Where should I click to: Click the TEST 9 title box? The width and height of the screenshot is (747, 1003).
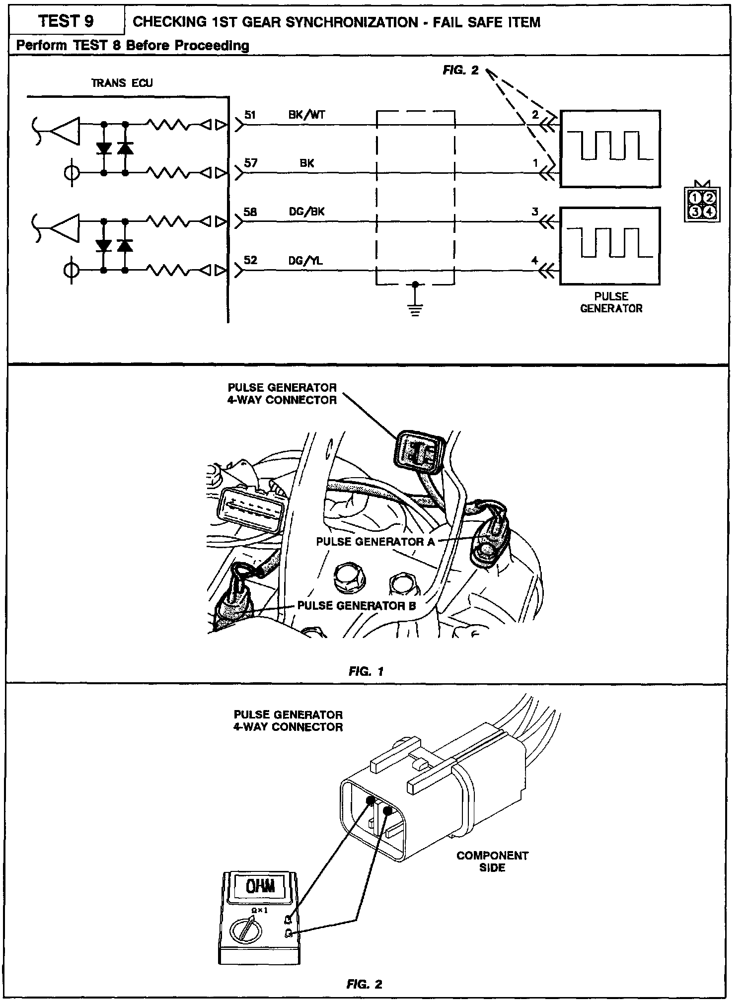[66, 21]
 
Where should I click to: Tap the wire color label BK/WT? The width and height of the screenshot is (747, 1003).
[306, 115]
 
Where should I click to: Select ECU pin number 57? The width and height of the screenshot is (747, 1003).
[251, 162]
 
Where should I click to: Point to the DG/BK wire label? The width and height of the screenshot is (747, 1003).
[306, 212]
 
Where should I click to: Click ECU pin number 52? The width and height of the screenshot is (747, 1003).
[251, 260]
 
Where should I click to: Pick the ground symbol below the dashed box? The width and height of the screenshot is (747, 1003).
[415, 309]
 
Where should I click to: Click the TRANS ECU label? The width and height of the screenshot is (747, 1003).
[122, 83]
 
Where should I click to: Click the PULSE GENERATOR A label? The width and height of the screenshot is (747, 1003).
[375, 542]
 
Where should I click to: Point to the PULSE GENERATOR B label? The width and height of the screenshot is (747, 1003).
[357, 605]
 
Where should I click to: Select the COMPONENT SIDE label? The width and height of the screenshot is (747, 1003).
[492, 861]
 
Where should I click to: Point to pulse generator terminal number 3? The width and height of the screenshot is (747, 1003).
[535, 212]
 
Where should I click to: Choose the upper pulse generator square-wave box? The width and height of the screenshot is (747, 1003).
[610, 148]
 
